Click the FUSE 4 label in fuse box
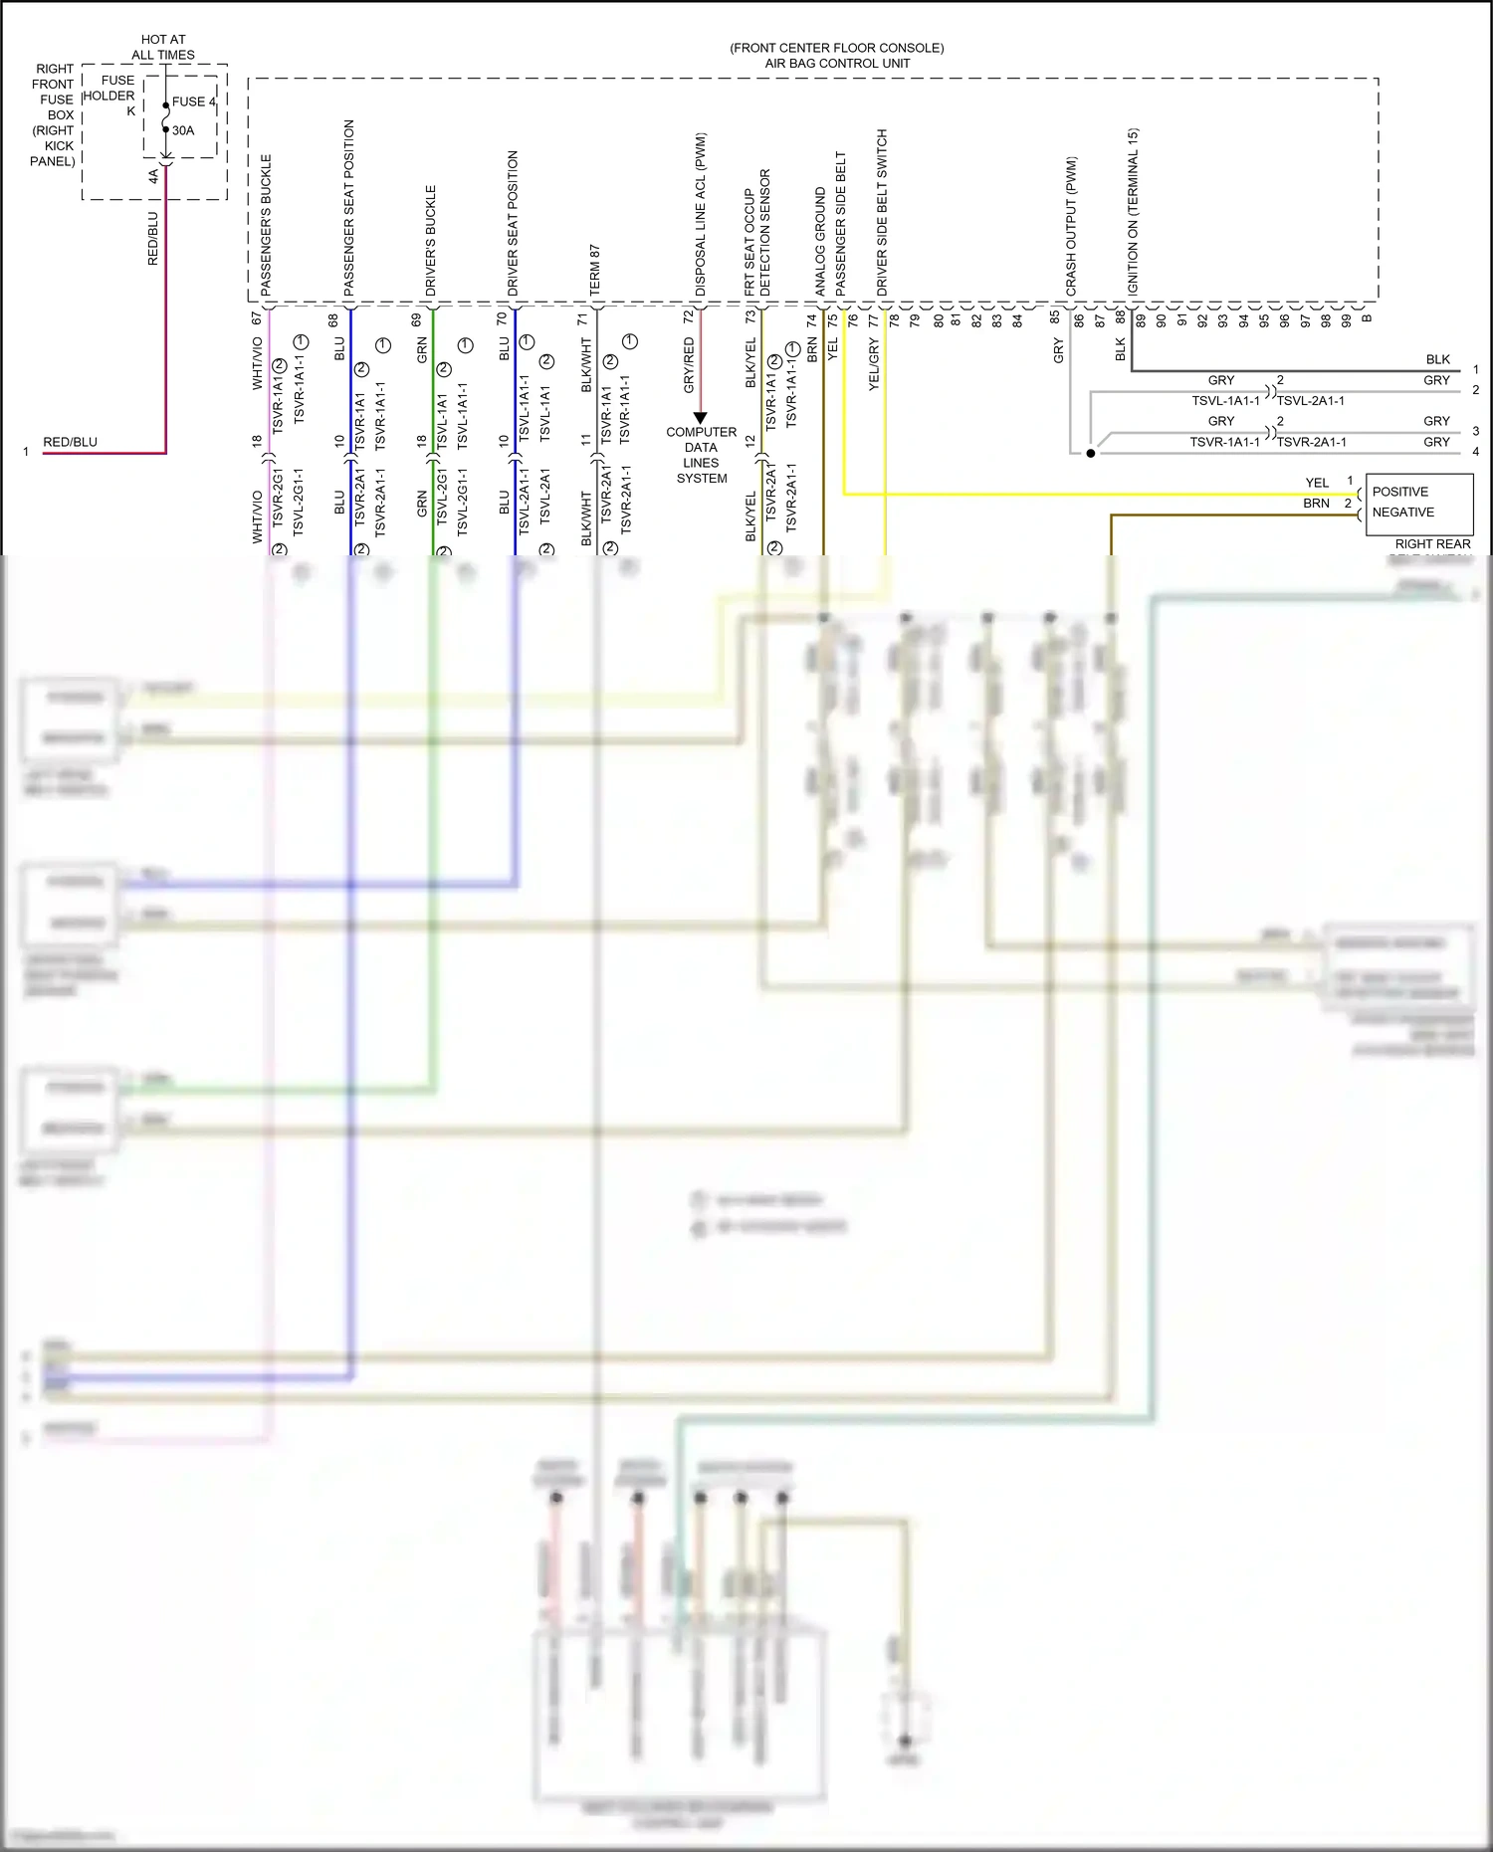[193, 102]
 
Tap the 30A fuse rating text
[183, 130]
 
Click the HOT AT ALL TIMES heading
[163, 48]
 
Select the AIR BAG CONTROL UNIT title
[837, 63]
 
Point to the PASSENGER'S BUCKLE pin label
[266, 224]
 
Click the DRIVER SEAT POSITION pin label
[513, 223]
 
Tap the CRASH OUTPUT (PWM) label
[1071, 226]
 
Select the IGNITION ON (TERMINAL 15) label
[1133, 211]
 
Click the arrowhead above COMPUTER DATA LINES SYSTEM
[700, 417]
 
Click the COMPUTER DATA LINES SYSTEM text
[702, 456]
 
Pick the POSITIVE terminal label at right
[1399, 492]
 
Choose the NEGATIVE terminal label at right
[1402, 513]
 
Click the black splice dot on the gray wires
[1091, 453]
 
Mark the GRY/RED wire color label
[688, 364]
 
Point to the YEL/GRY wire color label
[874, 364]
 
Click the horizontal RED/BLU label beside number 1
[70, 442]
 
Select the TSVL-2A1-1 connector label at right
[1310, 401]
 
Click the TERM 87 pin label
[595, 270]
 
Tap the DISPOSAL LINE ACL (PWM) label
[700, 214]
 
